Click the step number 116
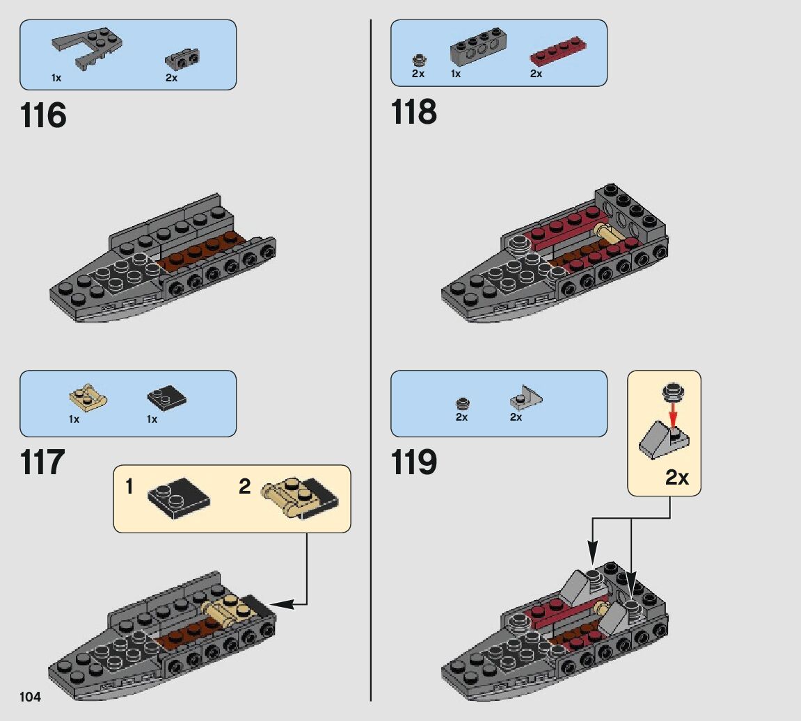click(43, 115)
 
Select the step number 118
click(414, 112)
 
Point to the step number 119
click(414, 462)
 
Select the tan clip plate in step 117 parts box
click(88, 397)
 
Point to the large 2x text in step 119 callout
click(676, 477)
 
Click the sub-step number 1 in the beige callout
click(129, 487)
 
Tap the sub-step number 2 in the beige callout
click(244, 487)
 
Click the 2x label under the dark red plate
click(536, 74)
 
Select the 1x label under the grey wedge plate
click(56, 79)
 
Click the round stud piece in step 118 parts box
click(418, 59)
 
